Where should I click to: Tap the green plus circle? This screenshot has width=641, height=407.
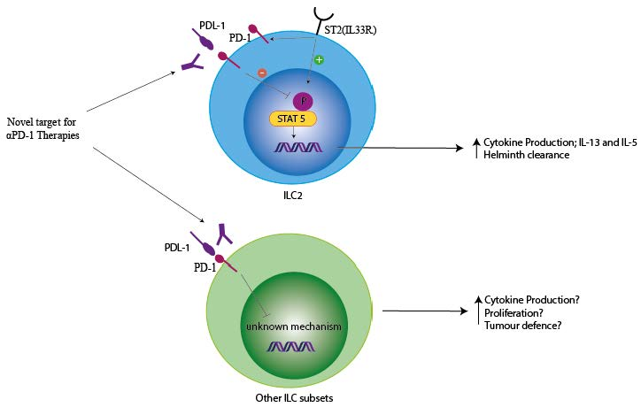(319, 59)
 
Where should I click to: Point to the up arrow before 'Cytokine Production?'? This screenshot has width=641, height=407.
(478, 301)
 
